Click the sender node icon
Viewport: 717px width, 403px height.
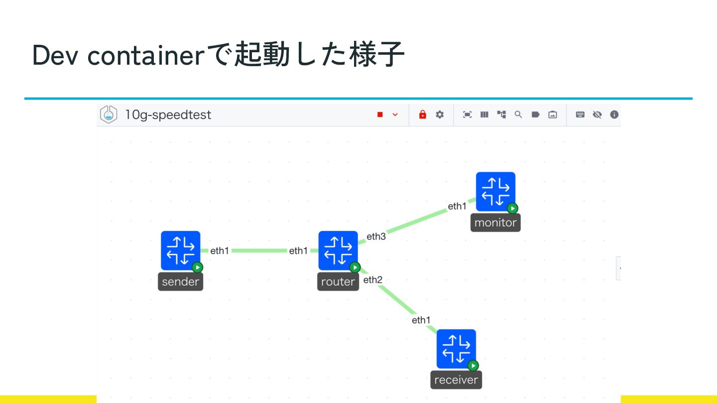click(180, 250)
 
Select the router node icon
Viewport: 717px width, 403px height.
click(338, 250)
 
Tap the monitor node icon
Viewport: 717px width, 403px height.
click(495, 192)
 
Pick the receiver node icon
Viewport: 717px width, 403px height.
click(456, 348)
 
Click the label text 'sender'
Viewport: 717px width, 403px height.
click(181, 282)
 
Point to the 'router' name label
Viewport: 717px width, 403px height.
click(338, 282)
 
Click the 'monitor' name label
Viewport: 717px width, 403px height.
click(495, 222)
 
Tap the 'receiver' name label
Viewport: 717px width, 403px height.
click(456, 380)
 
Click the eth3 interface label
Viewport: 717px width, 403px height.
click(376, 236)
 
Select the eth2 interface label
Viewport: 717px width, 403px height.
click(373, 280)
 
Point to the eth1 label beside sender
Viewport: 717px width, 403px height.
click(220, 251)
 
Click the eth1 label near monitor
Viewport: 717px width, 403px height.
click(457, 206)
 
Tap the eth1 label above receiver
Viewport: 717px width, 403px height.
click(421, 320)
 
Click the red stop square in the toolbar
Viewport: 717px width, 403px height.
click(380, 115)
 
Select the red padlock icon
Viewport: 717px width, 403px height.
click(423, 115)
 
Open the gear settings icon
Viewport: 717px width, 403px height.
click(440, 115)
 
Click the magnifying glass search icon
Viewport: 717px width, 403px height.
click(518, 115)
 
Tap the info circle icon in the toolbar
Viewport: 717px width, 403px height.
click(614, 115)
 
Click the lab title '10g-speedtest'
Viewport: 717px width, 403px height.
click(168, 115)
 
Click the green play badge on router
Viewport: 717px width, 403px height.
click(355, 267)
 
